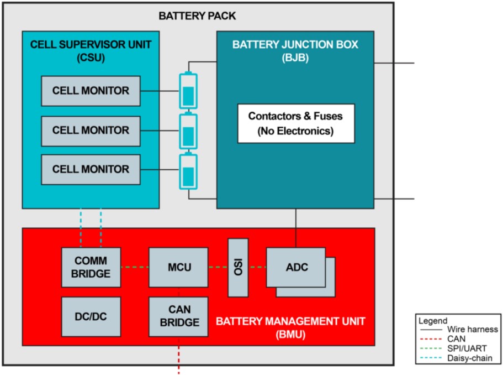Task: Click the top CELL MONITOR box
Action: click(91, 91)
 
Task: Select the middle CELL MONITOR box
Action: click(91, 131)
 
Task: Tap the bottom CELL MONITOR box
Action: click(91, 169)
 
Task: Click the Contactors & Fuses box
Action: click(295, 123)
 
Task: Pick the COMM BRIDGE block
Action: click(91, 267)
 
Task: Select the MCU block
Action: click(178, 267)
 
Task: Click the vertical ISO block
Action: click(238, 268)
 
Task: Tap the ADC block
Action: click(296, 267)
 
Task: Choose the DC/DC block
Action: click(91, 317)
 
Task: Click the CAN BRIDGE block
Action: click(178, 316)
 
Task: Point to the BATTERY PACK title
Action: click(197, 16)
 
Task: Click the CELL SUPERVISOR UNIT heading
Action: click(91, 49)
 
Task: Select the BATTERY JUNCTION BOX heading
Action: click(295, 50)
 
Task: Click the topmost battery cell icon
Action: click(188, 91)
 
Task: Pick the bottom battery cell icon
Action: click(188, 170)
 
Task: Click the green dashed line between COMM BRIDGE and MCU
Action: click(135, 268)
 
